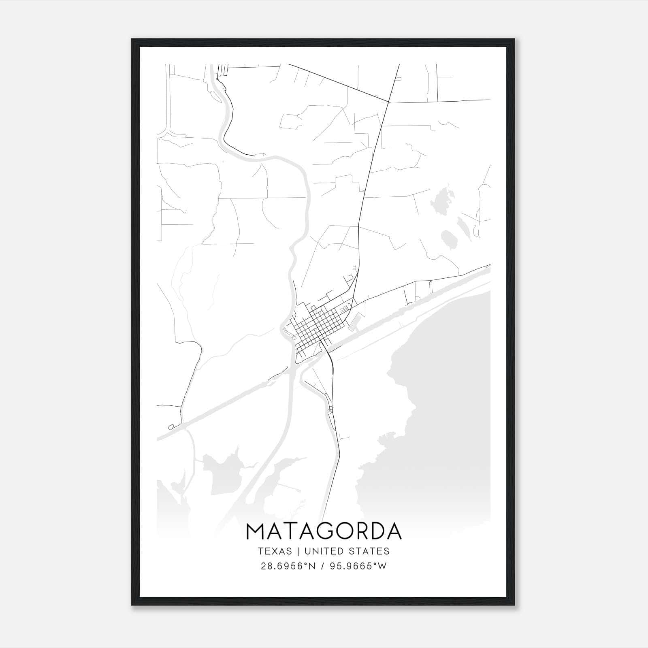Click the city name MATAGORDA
(324, 532)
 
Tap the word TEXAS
(275, 551)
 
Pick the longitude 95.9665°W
(358, 566)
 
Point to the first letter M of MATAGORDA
(256, 532)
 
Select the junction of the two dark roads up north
(389, 102)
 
